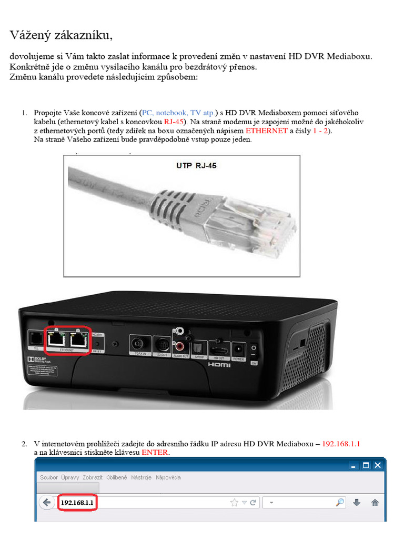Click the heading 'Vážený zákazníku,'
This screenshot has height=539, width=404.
tap(61, 35)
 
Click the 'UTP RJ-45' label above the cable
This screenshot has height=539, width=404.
tap(196, 165)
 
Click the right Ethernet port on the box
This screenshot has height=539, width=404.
tap(78, 340)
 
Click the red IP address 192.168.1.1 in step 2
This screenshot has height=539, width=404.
tap(341, 444)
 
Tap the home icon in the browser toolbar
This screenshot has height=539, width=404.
tap(375, 503)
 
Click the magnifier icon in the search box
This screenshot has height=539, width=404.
tap(340, 503)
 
